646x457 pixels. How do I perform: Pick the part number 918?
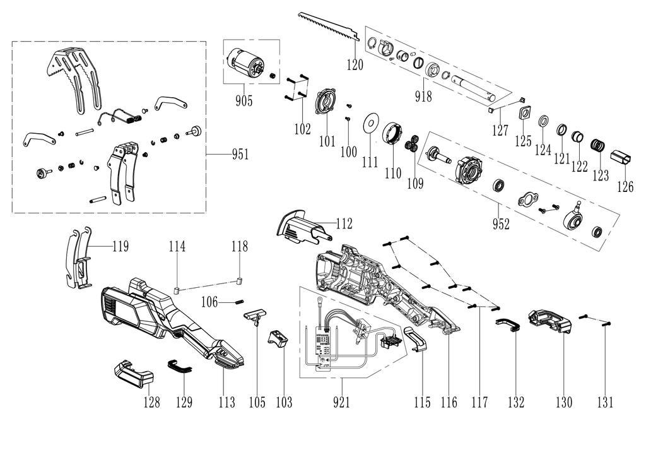click(x=423, y=96)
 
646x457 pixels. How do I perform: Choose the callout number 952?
click(x=502, y=223)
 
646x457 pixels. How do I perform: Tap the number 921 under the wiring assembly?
click(x=341, y=402)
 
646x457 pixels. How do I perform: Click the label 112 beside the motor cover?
click(x=344, y=223)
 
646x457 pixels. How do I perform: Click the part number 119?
click(x=120, y=246)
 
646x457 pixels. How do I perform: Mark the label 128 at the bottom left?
click(x=151, y=402)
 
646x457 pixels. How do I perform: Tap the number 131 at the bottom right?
click(x=604, y=402)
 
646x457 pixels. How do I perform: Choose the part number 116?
click(x=449, y=402)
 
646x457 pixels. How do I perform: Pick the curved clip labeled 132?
click(x=508, y=324)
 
